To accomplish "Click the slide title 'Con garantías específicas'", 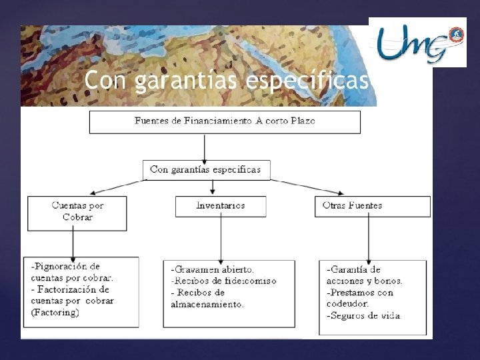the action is click(227, 81).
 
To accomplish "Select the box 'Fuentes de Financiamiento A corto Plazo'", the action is click(225, 121).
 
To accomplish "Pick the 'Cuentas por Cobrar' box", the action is click(77, 211).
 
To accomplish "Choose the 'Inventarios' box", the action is click(220, 205).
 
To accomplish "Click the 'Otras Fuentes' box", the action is click(371, 205).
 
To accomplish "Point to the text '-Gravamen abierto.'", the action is click(213, 270).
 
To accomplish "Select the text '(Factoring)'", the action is click(55, 313).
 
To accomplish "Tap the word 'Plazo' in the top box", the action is click(302, 121).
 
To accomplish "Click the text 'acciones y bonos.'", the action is click(364, 281).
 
